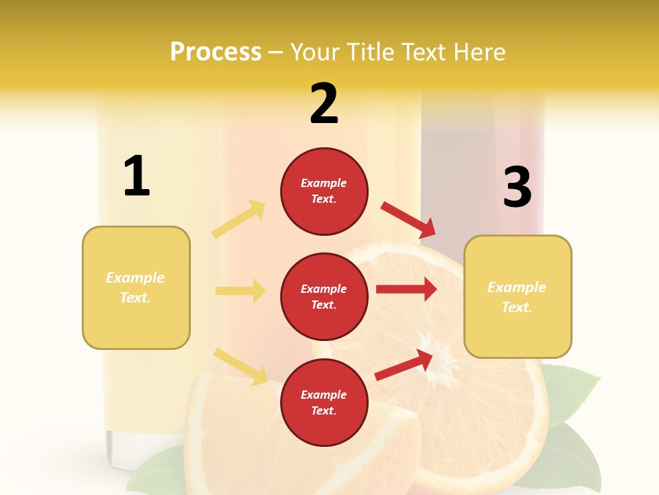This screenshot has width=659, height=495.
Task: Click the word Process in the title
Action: coord(216,52)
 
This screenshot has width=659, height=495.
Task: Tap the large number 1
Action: coord(137,176)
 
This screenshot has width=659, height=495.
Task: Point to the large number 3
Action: coord(517,187)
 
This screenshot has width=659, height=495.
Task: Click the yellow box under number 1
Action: coord(136,287)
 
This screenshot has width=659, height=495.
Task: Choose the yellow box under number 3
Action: coord(518,296)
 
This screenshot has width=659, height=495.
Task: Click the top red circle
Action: coord(324,191)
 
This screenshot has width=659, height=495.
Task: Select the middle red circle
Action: coord(324,296)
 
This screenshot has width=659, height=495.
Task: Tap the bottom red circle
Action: coord(324,402)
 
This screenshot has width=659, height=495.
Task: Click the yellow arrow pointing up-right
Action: coord(239,219)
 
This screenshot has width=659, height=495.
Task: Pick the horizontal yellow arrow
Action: coord(240,291)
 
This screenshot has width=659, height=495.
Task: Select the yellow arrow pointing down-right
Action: coord(241,366)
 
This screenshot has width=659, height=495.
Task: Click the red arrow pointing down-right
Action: coord(408,220)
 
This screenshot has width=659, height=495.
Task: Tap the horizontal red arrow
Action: coord(406,289)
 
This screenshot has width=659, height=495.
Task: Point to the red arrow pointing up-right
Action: coord(404,364)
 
